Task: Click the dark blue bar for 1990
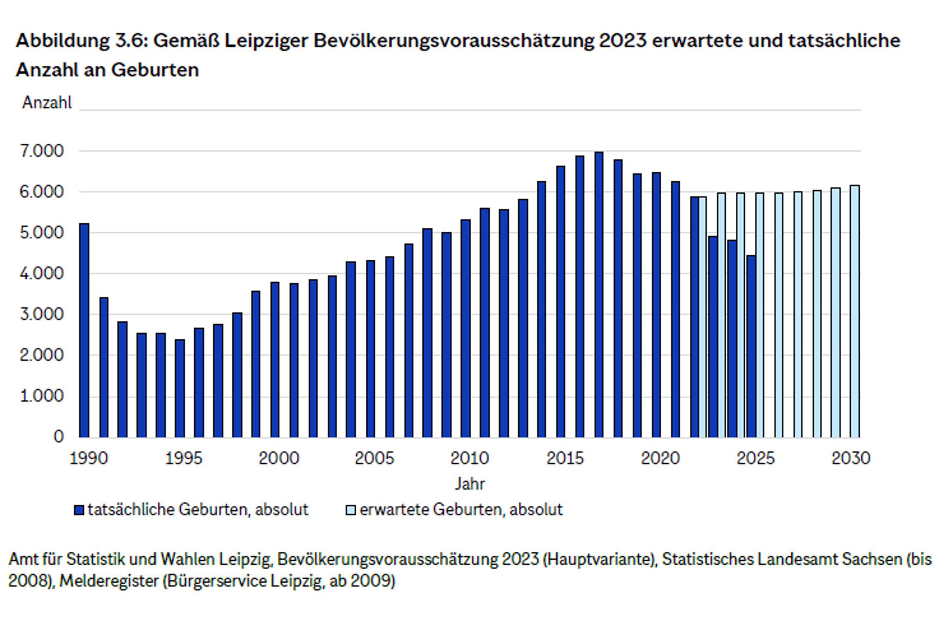point(84,330)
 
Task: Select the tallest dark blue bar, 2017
point(599,295)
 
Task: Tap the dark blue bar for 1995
point(180,389)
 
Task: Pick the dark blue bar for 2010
point(466,328)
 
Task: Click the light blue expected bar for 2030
point(855,311)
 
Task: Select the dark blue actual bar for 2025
point(751,346)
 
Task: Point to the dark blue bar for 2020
point(656,305)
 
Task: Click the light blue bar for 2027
point(798,315)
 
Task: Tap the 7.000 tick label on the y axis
point(42,151)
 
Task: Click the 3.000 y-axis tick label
point(42,314)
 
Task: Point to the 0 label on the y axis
point(59,437)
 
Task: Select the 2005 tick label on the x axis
point(374,458)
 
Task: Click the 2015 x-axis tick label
point(565,458)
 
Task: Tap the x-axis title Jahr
point(469,484)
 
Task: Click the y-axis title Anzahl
point(47,102)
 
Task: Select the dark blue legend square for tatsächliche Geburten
point(79,510)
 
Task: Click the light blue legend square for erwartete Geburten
point(351,510)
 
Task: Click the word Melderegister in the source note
point(109,581)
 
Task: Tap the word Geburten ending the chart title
point(155,70)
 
